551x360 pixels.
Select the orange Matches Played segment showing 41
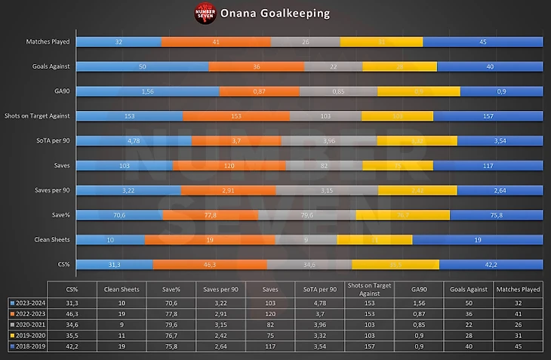[216, 42]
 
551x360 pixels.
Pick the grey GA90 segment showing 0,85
[338, 91]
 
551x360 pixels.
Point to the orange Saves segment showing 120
[229, 165]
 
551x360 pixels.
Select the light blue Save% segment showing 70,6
[119, 214]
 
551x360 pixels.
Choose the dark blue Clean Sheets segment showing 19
[477, 239]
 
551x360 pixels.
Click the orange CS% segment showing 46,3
[210, 264]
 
